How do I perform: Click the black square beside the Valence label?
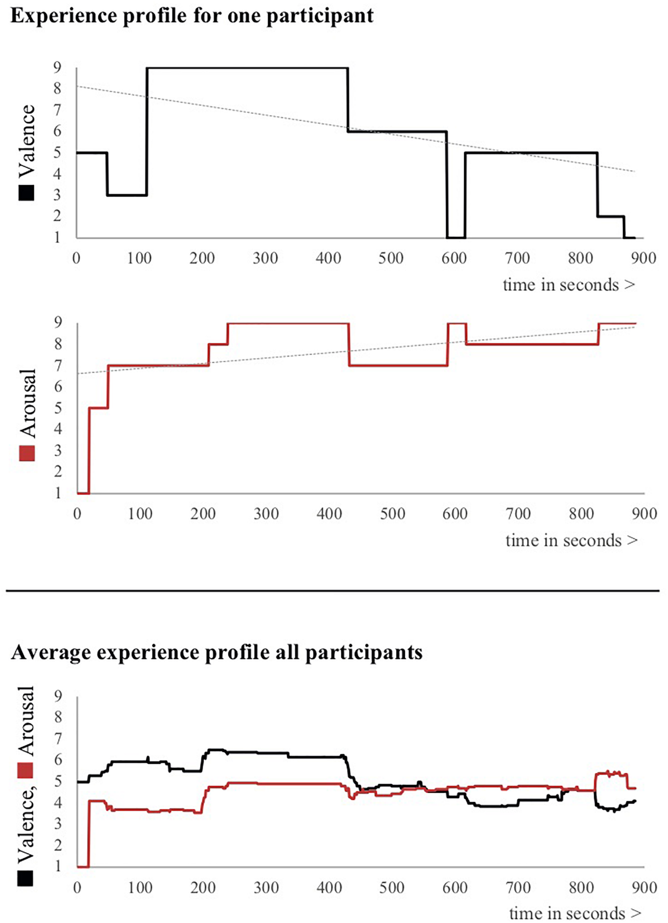[x=27, y=193]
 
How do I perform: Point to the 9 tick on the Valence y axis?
[x=56, y=67]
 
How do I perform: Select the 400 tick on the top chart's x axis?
[x=328, y=258]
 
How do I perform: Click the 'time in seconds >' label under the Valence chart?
[x=569, y=285]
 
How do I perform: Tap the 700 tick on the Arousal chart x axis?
[x=518, y=514]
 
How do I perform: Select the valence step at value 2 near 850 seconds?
[x=610, y=216]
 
